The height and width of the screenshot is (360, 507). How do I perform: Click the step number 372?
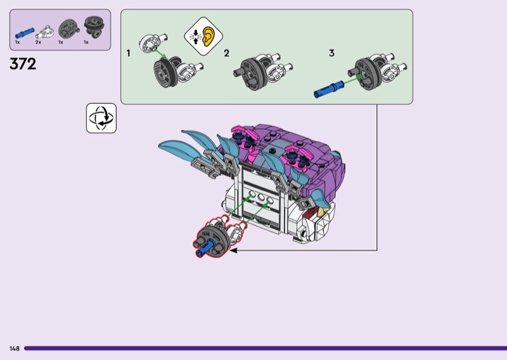click(23, 64)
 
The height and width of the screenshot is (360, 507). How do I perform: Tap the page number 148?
click(14, 349)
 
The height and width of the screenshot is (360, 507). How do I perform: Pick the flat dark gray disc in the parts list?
click(66, 29)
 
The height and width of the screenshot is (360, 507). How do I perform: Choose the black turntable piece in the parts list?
click(91, 28)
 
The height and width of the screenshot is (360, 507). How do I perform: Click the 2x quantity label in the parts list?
click(38, 42)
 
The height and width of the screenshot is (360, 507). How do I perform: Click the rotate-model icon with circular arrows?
click(101, 119)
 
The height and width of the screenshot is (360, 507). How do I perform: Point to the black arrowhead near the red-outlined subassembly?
click(233, 251)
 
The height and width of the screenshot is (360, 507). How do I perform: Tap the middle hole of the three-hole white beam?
click(260, 198)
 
